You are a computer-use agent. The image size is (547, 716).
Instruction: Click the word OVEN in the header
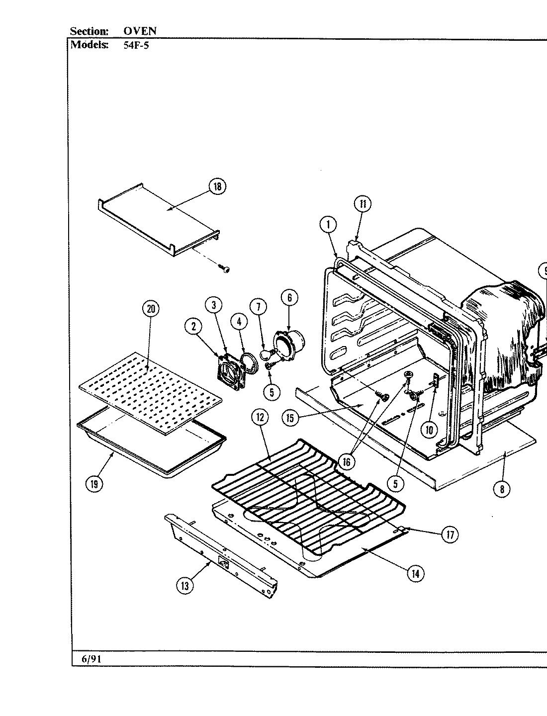(140, 31)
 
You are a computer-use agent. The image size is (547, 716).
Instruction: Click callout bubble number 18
(217, 187)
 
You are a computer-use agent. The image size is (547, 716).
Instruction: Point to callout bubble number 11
(363, 204)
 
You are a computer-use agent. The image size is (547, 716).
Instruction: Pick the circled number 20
(151, 309)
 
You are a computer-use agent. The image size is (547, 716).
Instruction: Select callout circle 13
(185, 586)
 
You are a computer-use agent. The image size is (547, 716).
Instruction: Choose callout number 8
(502, 489)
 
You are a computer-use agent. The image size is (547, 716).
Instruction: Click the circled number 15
(290, 418)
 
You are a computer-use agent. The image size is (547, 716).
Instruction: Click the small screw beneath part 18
(225, 269)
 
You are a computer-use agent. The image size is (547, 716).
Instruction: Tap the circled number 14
(416, 573)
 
